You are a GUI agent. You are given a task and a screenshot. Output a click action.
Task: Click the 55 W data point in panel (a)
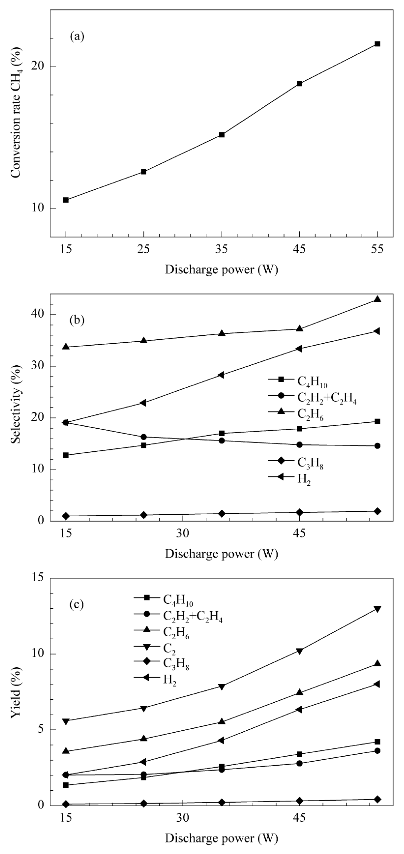click(x=377, y=44)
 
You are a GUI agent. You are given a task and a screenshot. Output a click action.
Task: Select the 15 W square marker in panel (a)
click(x=66, y=200)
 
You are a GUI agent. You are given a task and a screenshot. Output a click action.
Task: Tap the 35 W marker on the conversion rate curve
click(x=222, y=135)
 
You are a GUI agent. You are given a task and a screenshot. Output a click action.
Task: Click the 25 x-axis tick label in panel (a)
click(x=144, y=249)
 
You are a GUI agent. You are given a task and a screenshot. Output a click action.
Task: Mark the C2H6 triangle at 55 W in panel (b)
click(x=377, y=299)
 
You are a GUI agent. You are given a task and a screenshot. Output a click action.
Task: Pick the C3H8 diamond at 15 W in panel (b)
click(x=66, y=516)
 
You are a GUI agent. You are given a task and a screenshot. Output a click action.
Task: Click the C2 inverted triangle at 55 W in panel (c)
click(x=377, y=609)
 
